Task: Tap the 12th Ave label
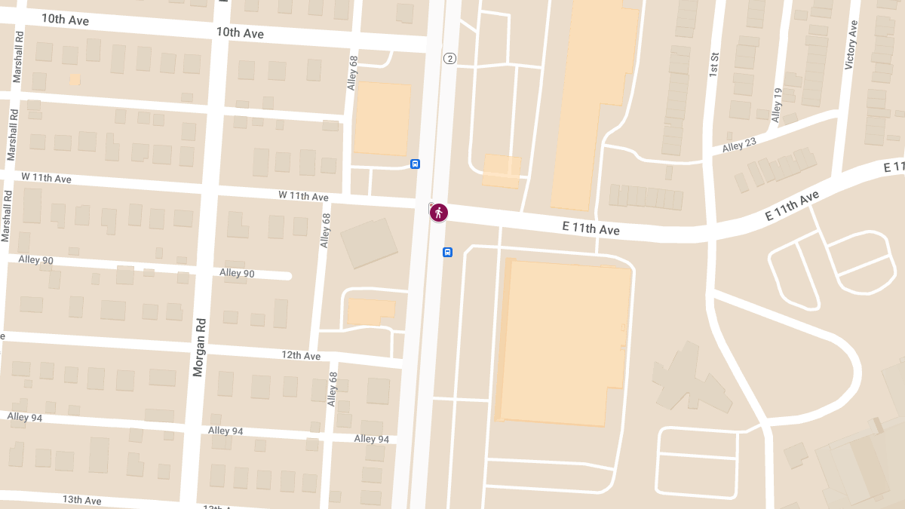[301, 355]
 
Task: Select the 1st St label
[713, 65]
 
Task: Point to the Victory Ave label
[851, 45]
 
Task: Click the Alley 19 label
[777, 105]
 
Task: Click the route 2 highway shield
[449, 59]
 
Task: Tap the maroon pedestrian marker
[439, 213]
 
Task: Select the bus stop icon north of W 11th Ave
[415, 164]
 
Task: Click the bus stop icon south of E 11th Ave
[447, 252]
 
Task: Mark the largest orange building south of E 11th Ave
[564, 341]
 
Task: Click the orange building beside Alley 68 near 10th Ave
[382, 118]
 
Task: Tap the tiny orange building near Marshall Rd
[75, 78]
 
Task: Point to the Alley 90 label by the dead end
[237, 273]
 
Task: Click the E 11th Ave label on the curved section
[791, 206]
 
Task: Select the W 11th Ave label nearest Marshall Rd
[46, 178]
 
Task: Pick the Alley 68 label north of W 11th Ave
[351, 73]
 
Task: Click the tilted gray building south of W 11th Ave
[370, 243]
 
